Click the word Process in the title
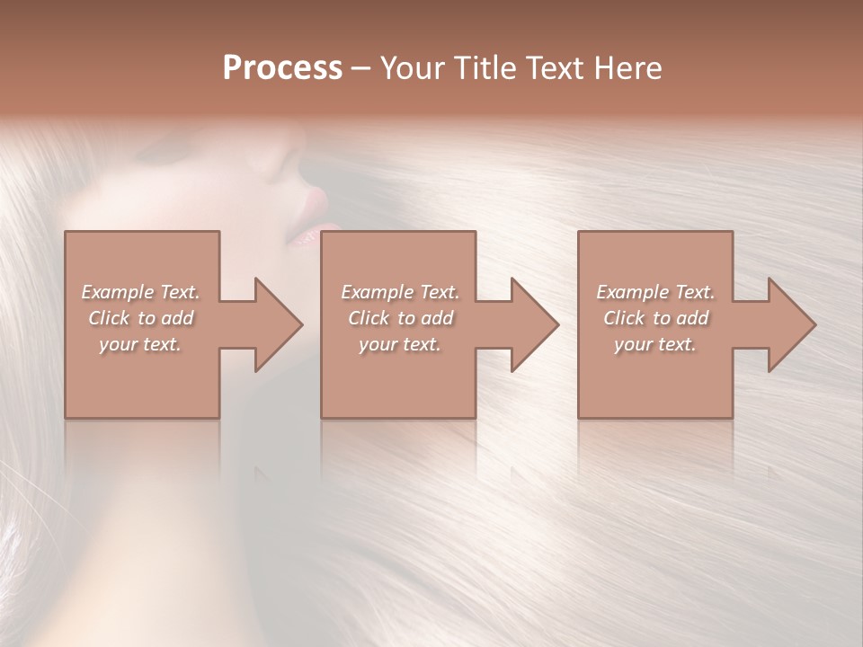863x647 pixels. [x=282, y=68]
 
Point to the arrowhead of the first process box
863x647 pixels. [x=278, y=324]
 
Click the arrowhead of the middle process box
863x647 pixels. [x=534, y=324]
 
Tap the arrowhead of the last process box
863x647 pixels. [x=791, y=324]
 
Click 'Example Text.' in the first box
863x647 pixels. [x=140, y=292]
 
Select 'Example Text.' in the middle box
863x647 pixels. [x=400, y=292]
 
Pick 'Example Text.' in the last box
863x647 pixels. [x=655, y=292]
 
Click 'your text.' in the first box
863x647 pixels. [x=140, y=344]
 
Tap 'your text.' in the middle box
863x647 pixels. [x=400, y=344]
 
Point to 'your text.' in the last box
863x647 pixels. [x=655, y=344]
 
